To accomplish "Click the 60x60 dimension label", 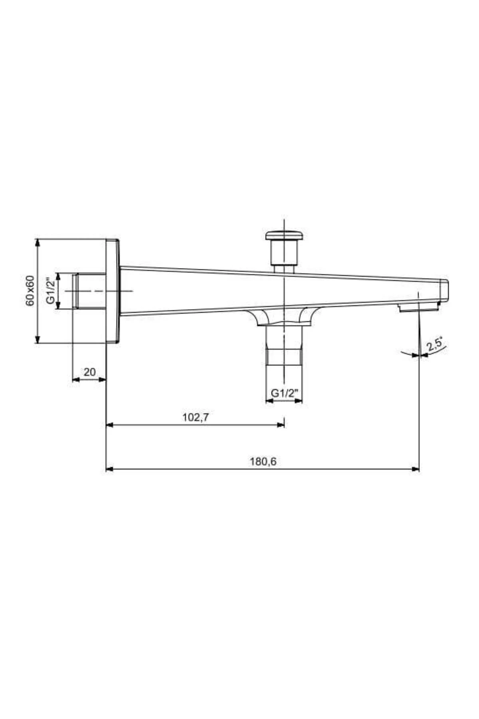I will [30, 291].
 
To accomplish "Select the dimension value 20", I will [90, 372].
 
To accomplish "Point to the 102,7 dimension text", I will [196, 417].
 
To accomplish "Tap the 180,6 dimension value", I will [263, 462].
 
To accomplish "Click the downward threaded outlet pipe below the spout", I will [284, 346].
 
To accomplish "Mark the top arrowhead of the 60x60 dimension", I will [38, 242].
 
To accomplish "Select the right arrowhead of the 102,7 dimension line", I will [281, 425].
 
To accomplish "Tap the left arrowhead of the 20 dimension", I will [75, 379].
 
